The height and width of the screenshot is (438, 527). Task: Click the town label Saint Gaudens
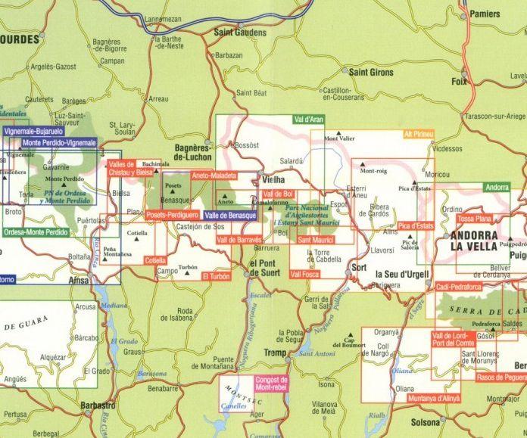[240, 33]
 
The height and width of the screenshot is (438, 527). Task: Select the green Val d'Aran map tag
[308, 120]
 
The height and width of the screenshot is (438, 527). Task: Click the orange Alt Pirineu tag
[419, 134]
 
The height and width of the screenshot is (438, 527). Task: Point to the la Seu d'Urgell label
[402, 273]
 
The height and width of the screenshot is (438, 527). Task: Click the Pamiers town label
[485, 14]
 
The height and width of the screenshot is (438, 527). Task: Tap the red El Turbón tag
[215, 278]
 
